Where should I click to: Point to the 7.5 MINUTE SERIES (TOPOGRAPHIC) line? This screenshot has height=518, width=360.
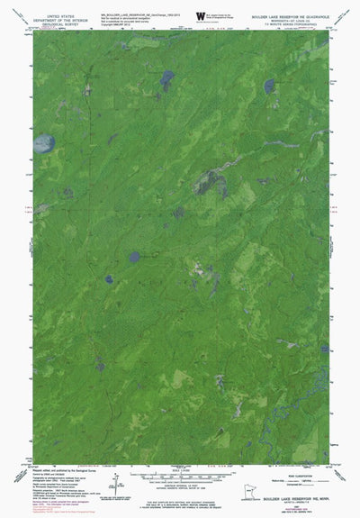click(293, 27)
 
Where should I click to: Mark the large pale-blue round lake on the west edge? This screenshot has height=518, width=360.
click(42, 142)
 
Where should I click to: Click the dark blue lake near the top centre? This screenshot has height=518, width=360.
click(166, 78)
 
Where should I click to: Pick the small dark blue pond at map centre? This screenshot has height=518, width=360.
click(134, 257)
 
